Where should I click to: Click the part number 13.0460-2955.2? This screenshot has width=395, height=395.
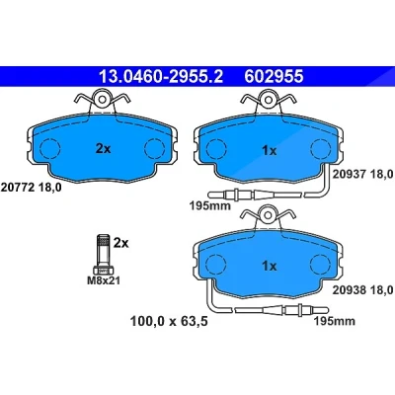click(x=161, y=77)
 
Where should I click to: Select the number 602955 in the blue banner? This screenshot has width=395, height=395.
click(x=274, y=77)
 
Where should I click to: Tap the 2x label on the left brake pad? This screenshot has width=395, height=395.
click(x=103, y=149)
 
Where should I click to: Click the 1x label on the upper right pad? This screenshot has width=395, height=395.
click(x=270, y=151)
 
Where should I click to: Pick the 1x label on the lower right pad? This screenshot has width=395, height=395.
click(x=270, y=266)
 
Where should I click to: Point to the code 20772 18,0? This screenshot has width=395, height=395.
click(x=32, y=188)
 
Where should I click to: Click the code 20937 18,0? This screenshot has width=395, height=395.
click(x=363, y=174)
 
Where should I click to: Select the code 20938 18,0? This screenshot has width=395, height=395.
click(x=363, y=289)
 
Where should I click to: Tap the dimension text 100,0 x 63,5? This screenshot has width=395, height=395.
click(x=169, y=321)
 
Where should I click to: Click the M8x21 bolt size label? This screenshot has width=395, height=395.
click(x=104, y=280)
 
